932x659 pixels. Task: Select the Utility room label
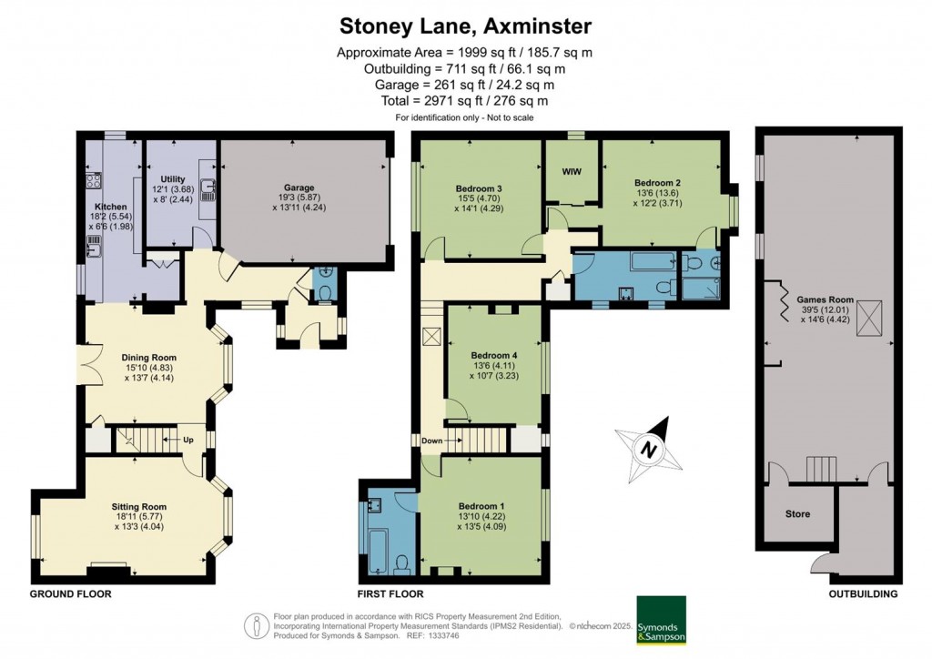(173, 178)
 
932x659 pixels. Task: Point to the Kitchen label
(111, 207)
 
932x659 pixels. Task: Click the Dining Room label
(149, 357)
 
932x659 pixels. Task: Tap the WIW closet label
(572, 171)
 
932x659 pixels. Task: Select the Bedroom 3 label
(479, 188)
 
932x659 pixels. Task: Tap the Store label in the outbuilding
(797, 514)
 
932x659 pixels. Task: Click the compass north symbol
(648, 449)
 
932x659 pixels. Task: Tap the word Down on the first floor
(431, 441)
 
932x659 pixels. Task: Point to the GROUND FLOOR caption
(71, 593)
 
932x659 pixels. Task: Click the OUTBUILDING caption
(862, 593)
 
